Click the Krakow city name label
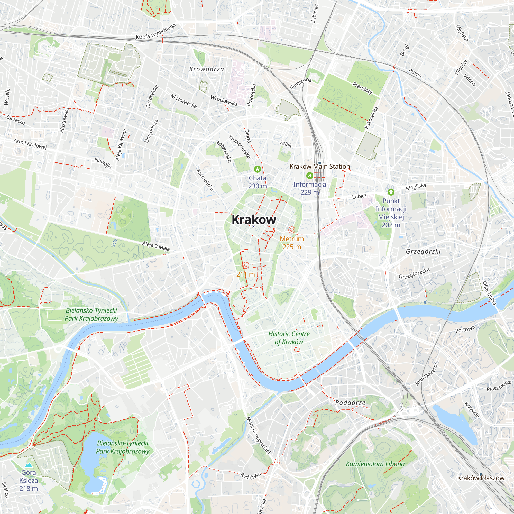coord(254,220)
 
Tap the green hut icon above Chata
coord(257,169)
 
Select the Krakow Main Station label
coord(319,167)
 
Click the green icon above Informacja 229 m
coord(309,176)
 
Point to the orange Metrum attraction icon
coord(292,230)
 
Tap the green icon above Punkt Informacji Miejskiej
coord(391,192)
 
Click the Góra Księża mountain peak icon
coord(29,465)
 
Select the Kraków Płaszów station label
coord(481,478)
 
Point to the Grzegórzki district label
coord(423,251)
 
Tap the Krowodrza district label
coord(206,69)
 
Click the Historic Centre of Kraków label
coord(289,338)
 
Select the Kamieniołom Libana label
coord(375,464)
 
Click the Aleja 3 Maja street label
coord(156,246)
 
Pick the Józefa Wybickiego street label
coord(156,32)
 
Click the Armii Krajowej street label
coord(30,144)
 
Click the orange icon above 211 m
coord(245,265)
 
